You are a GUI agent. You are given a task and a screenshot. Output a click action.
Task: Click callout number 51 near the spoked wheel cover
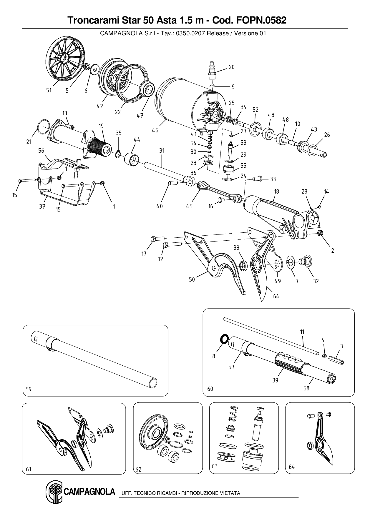tap(49, 90)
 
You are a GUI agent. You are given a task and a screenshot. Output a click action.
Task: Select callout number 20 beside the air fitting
tap(232, 67)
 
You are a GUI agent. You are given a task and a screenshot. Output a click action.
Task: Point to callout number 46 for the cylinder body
tap(155, 130)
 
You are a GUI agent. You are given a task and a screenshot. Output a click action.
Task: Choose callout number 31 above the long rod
tap(162, 151)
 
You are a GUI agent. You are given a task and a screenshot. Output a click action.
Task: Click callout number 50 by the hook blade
tap(192, 279)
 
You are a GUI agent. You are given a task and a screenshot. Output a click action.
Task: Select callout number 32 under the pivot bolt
tap(316, 281)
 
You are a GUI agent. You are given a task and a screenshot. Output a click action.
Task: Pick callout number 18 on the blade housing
tap(276, 192)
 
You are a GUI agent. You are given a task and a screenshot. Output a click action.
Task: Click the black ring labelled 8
tap(224, 338)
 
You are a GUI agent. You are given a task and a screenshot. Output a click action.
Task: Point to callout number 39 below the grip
tap(275, 380)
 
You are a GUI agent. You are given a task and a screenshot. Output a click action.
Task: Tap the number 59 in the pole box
tap(29, 389)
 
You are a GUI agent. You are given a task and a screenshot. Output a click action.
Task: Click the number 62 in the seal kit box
tap(138, 469)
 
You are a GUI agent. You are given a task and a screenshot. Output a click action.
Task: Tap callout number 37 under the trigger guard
tap(42, 206)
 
